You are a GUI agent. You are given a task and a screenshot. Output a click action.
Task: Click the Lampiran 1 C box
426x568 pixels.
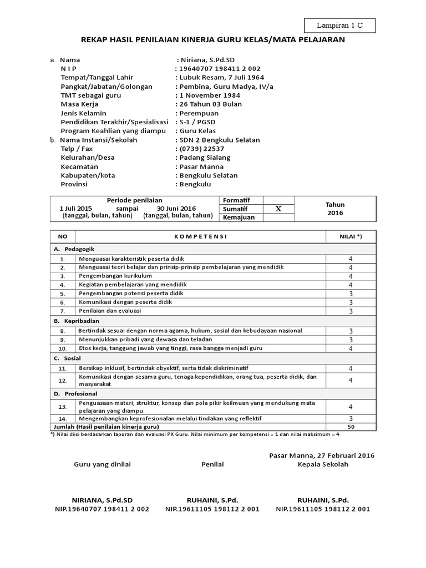click(340, 25)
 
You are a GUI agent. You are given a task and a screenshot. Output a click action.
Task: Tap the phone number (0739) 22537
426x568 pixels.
click(201, 149)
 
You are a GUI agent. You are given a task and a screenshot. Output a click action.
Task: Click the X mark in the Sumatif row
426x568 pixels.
click(278, 209)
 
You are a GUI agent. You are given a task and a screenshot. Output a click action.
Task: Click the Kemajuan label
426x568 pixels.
click(239, 217)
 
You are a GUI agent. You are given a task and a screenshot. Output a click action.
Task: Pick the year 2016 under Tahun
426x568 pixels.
click(335, 213)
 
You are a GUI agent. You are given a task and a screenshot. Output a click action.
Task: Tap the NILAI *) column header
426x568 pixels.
click(351, 236)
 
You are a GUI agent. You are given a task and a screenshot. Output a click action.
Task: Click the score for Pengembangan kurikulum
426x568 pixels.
click(351, 276)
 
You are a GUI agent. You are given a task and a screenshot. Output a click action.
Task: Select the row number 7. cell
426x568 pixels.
click(63, 312)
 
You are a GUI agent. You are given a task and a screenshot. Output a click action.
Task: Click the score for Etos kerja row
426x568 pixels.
click(351, 348)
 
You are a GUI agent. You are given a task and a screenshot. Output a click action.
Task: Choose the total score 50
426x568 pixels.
click(351, 427)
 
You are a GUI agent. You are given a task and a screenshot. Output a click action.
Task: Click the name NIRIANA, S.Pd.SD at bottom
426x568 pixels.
click(102, 500)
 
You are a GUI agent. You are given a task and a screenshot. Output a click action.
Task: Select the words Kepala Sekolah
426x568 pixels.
click(323, 464)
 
